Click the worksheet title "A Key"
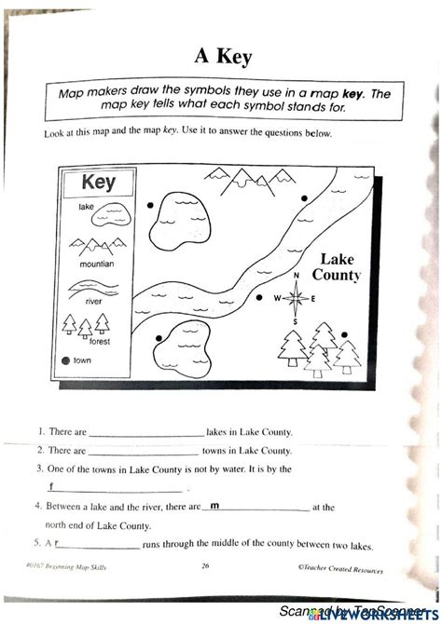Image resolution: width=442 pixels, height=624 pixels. [x=220, y=57]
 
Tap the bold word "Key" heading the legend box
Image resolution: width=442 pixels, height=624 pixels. [x=98, y=183]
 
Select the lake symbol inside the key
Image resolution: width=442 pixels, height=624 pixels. [x=90, y=219]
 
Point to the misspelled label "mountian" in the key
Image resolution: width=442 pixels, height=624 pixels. [x=97, y=264]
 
